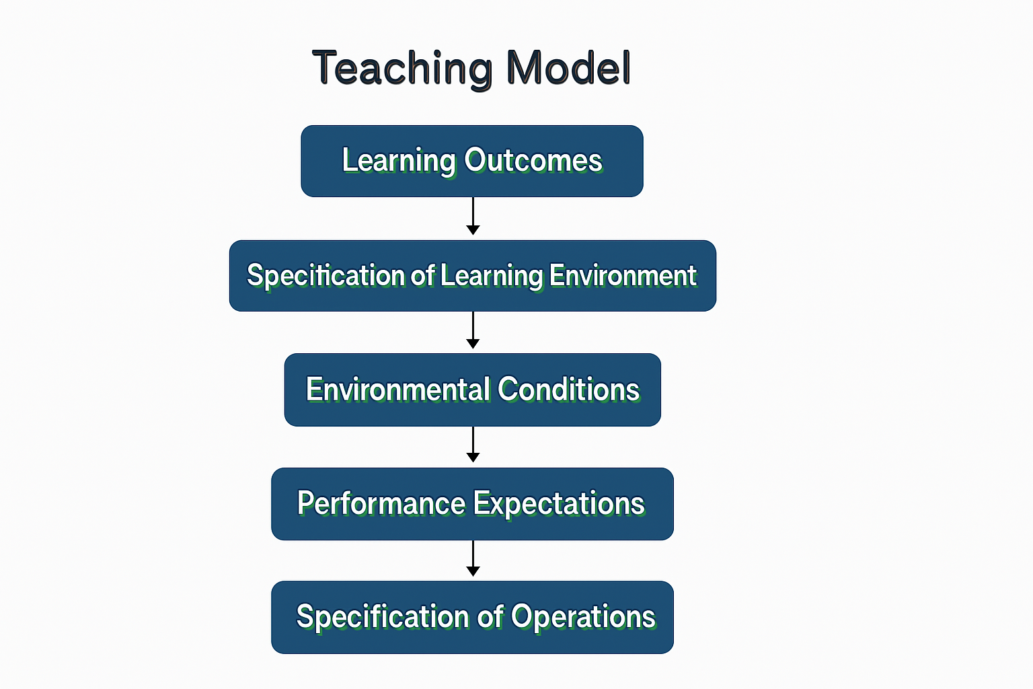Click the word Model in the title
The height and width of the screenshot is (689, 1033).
click(568, 67)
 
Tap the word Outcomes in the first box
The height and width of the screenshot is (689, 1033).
click(533, 160)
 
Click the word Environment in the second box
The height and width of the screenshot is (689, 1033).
click(623, 276)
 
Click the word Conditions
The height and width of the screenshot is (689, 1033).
click(569, 390)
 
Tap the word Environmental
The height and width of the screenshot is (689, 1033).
click(398, 390)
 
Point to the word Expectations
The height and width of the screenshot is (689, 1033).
click(559, 504)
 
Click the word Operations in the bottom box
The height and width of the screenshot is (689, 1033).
click(583, 617)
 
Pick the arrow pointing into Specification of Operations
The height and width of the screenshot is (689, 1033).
click(473, 558)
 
